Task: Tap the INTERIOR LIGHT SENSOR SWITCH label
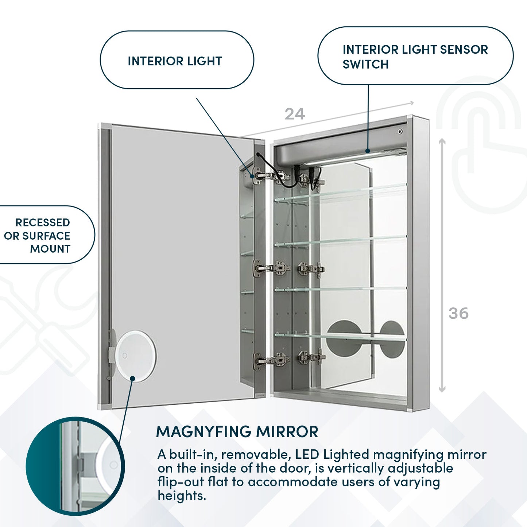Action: (x=415, y=56)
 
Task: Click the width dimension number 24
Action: (x=294, y=114)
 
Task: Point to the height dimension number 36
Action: (x=458, y=313)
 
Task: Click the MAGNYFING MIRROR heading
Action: (x=237, y=431)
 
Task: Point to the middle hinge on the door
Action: (x=272, y=268)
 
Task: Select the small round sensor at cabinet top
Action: (x=400, y=131)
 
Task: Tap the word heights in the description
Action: (x=182, y=496)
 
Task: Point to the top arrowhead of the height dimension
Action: (x=442, y=141)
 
